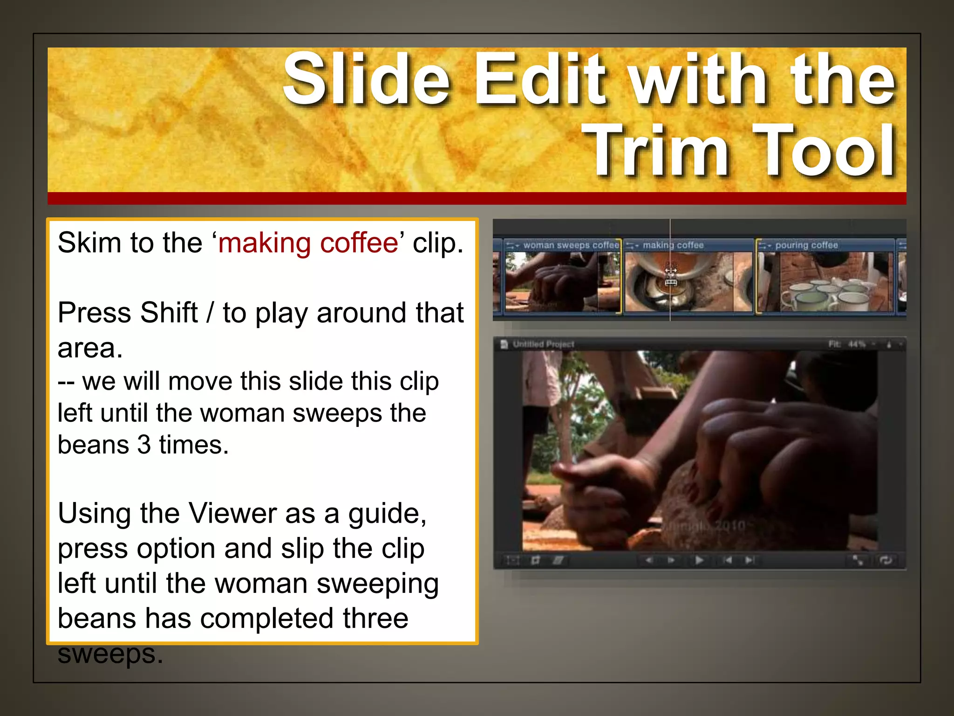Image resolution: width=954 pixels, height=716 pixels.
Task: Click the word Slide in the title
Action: [367, 79]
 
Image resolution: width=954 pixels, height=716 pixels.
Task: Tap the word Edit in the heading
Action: [540, 79]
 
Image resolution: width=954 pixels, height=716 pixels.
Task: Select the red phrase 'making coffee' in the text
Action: [308, 243]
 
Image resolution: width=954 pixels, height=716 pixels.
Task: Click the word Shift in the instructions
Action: [169, 312]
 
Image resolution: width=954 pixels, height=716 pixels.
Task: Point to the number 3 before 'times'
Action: [144, 445]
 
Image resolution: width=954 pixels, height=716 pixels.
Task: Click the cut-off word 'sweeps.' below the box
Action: [110, 654]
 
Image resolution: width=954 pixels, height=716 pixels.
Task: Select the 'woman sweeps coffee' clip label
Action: [571, 245]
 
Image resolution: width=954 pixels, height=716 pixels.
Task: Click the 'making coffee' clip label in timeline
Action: [673, 245]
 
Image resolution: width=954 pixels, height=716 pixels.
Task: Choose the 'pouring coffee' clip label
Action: [806, 245]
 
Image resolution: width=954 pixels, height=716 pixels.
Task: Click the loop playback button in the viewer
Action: [885, 560]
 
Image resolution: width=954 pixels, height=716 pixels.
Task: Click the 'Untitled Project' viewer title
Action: [543, 344]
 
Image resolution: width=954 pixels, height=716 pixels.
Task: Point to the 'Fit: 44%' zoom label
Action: [846, 344]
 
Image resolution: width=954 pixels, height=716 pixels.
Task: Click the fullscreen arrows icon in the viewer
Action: [858, 560]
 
